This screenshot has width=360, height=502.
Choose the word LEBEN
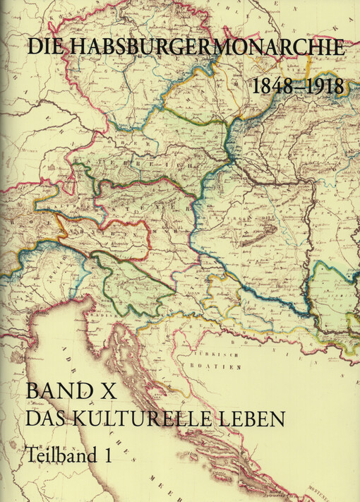[x=248, y=419]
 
